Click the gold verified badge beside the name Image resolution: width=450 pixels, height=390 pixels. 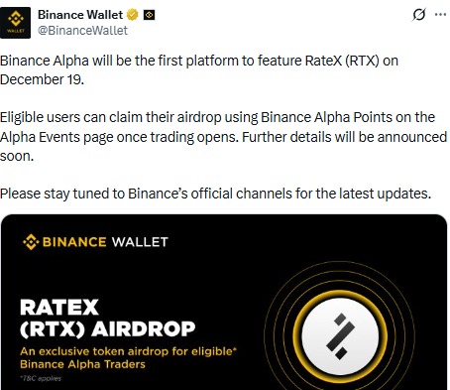129,15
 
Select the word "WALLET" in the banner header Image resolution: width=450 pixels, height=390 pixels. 139,241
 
